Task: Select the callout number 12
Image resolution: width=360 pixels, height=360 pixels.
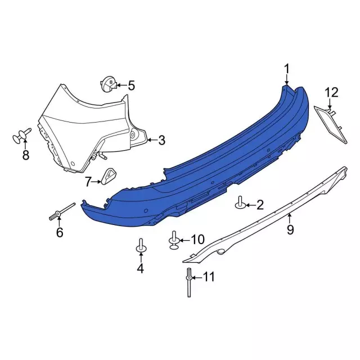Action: [x=331, y=92]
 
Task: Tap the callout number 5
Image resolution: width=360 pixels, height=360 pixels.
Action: [x=131, y=85]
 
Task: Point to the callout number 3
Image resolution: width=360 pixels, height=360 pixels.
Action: [x=161, y=140]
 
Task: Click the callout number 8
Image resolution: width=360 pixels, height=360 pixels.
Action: [x=26, y=155]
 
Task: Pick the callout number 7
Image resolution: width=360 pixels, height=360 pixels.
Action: [x=88, y=182]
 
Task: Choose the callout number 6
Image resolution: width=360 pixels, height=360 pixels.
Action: [x=60, y=232]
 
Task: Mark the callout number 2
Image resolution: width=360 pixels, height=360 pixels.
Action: [x=260, y=205]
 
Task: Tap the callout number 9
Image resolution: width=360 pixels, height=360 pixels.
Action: [x=290, y=229]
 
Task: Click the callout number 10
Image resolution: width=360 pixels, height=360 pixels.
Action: [x=197, y=240]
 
